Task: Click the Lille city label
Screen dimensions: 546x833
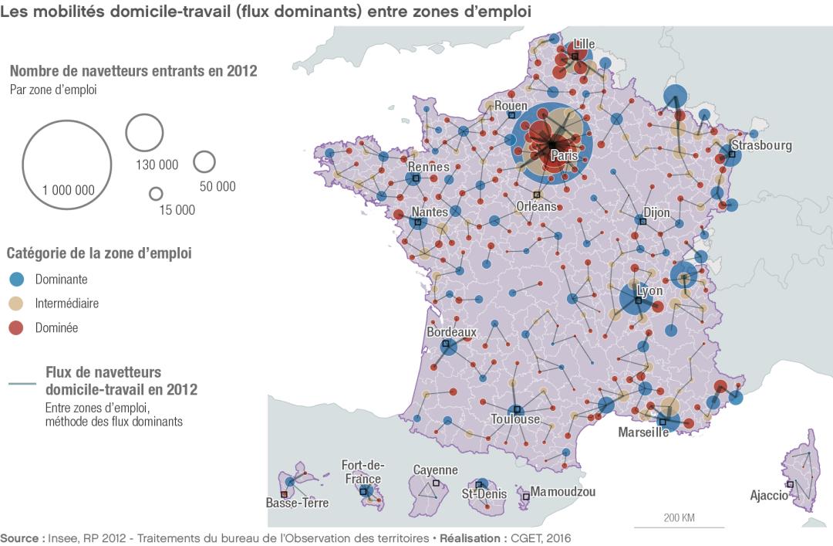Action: pyautogui.click(x=584, y=44)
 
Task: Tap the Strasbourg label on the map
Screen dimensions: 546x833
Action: pyautogui.click(x=761, y=145)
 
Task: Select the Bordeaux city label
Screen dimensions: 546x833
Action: pyautogui.click(x=451, y=332)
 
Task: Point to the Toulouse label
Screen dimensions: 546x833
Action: pyautogui.click(x=515, y=419)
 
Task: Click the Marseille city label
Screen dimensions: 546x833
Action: pyautogui.click(x=643, y=432)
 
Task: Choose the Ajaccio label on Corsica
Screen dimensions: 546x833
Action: pyautogui.click(x=769, y=495)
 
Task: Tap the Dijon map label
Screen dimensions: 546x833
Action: pyautogui.click(x=656, y=212)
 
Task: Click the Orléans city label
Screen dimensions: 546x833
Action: pyautogui.click(x=536, y=206)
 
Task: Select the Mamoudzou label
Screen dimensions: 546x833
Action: pyautogui.click(x=562, y=491)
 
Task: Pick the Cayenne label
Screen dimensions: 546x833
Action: pyautogui.click(x=435, y=470)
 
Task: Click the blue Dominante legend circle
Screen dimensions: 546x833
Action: pyautogui.click(x=17, y=280)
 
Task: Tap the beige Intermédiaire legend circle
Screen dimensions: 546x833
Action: pyautogui.click(x=17, y=304)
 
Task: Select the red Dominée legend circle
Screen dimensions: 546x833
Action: pyautogui.click(x=17, y=327)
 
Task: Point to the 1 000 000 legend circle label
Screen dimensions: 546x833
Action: pyautogui.click(x=69, y=190)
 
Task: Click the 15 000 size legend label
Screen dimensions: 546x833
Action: pyautogui.click(x=177, y=210)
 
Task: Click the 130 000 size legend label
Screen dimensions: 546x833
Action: pyautogui.click(x=157, y=164)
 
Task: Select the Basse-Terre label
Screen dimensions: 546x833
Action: pyautogui.click(x=297, y=503)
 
